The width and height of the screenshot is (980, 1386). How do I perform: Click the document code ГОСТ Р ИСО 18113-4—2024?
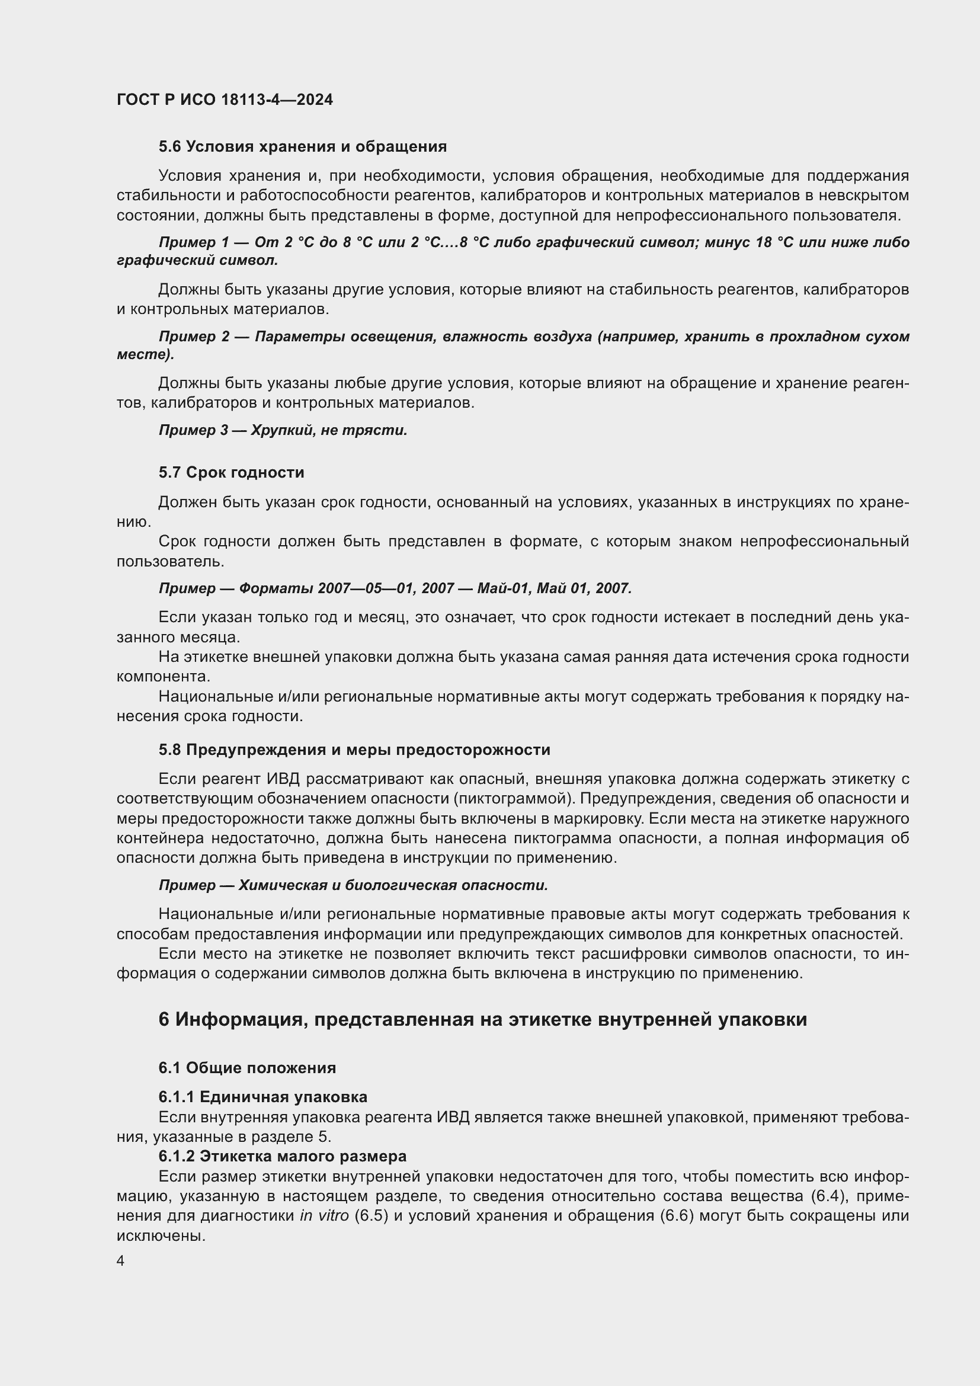tap(225, 100)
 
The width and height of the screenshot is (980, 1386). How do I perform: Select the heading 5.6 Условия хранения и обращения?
tap(302, 147)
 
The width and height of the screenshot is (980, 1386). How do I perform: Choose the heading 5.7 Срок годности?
tap(231, 473)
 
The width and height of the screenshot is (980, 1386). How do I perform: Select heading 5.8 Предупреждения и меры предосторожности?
tap(354, 750)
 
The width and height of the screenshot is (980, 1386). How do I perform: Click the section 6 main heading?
tap(482, 1019)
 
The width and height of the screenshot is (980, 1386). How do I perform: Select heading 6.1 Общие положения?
tap(247, 1068)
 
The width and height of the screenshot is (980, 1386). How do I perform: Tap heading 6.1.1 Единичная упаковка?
tap(262, 1097)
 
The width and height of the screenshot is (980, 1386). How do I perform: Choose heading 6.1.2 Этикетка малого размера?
tap(282, 1156)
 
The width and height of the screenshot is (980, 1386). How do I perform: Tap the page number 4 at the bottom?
tap(121, 1261)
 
